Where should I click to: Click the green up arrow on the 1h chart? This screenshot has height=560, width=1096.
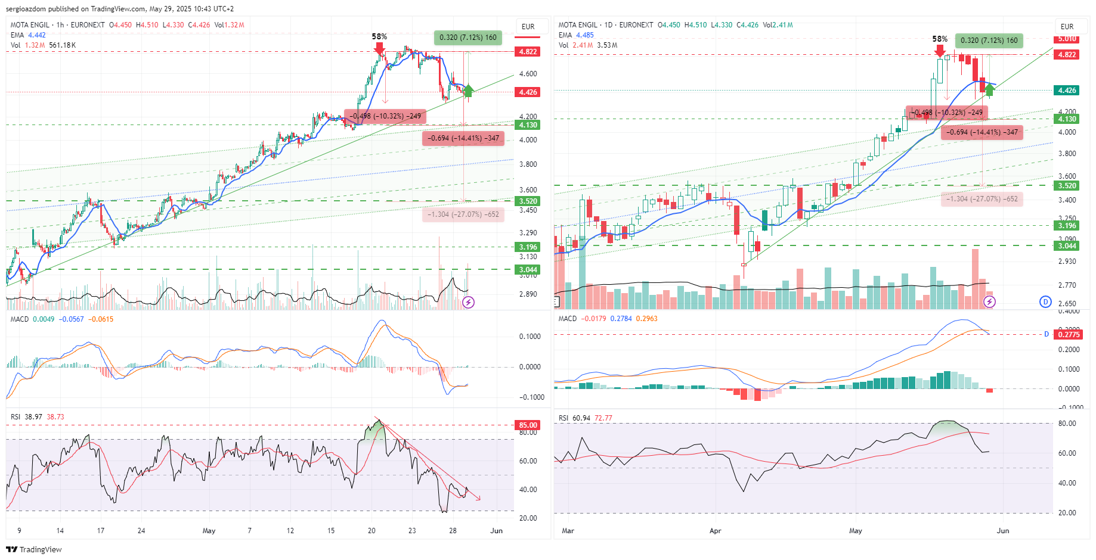[469, 91]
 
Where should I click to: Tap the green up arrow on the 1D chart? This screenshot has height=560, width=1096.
[990, 90]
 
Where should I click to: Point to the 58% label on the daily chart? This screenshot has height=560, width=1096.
[940, 39]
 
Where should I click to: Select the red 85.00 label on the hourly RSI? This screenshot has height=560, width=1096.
[528, 425]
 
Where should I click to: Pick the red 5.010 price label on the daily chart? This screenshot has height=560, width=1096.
[1067, 39]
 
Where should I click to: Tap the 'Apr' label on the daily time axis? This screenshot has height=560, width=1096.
[715, 531]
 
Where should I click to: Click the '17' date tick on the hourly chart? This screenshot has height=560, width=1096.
[101, 531]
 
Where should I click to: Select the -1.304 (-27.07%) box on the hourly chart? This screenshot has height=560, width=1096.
[463, 214]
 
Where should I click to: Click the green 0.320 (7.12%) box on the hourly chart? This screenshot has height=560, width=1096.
[468, 38]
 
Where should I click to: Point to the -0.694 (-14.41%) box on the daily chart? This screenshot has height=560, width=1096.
[982, 132]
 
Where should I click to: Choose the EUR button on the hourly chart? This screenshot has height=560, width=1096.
[528, 27]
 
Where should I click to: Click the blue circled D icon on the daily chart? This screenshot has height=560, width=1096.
[1045, 301]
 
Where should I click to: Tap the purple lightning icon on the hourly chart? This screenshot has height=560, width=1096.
[469, 303]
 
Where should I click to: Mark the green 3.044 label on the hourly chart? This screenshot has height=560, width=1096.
[528, 270]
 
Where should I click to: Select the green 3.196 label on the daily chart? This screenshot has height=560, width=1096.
[1067, 226]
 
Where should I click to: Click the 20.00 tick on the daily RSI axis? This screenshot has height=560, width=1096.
[1067, 513]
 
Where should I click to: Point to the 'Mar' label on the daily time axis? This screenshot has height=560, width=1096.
[568, 531]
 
